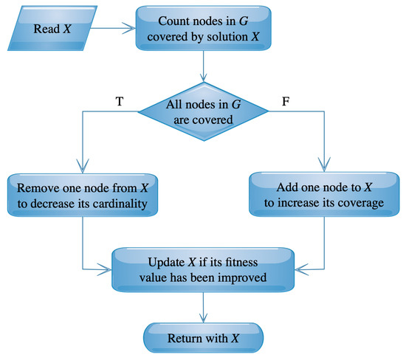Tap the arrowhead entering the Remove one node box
click(82, 167)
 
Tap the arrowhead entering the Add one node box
click(322, 167)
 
